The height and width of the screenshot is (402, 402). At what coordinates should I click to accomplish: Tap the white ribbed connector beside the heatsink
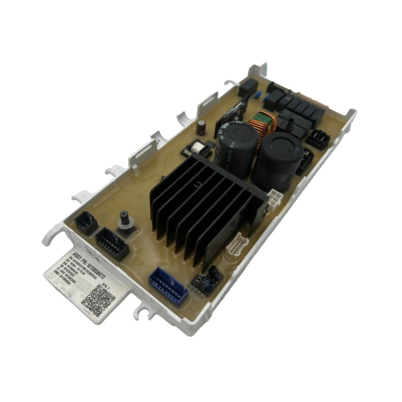click(238, 244)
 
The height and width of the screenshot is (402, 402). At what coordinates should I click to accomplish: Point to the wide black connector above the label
click(111, 242)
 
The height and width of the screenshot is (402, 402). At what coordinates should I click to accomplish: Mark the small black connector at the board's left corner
click(86, 222)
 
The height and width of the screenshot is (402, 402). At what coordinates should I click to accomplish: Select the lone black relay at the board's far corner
click(248, 87)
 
